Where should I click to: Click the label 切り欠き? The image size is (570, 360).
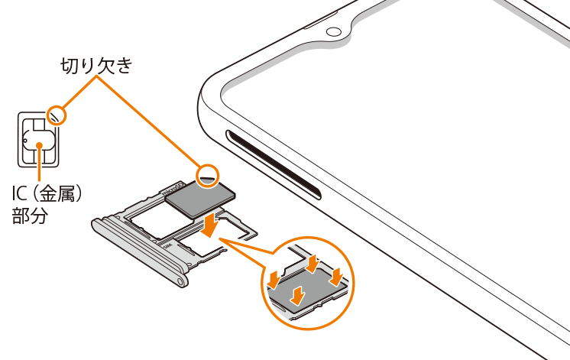96,66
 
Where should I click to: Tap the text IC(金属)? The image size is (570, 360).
47,194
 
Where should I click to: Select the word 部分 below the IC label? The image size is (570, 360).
30,216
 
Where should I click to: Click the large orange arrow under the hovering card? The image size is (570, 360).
209,225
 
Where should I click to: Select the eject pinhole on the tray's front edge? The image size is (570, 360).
179,281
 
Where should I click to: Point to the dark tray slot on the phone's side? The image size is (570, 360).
274,165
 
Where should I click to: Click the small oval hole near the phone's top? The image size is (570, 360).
334,32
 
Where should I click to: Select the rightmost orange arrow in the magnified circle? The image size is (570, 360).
336,277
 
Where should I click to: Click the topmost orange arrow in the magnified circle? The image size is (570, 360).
313,264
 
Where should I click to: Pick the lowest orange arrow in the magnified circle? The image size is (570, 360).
298,295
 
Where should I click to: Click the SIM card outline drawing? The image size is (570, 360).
38,139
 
